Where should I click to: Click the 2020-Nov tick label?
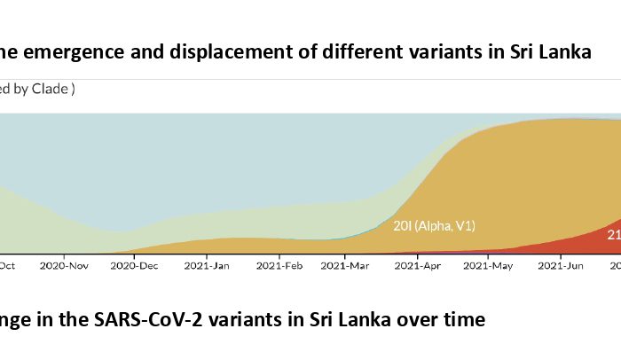[67, 264]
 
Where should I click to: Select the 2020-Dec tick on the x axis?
[135, 264]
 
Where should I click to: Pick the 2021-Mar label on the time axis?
[346, 264]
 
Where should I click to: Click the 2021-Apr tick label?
[417, 264]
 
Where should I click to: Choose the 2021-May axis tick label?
[488, 264]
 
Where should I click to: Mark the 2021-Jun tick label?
[560, 264]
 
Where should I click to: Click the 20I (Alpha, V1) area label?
[435, 226]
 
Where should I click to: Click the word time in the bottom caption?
[466, 319]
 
